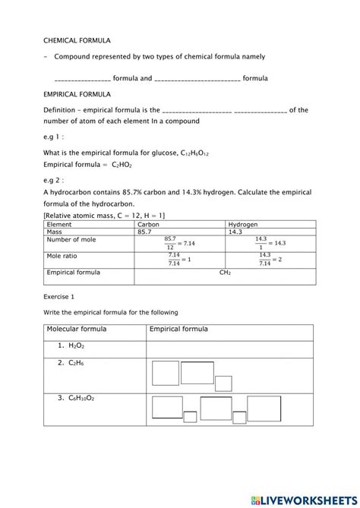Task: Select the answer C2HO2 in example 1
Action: click(x=122, y=163)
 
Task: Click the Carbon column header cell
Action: click(x=149, y=225)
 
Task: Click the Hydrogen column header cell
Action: click(x=243, y=225)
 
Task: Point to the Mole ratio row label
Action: click(x=64, y=256)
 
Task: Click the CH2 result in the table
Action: click(x=225, y=271)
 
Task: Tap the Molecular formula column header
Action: click(x=77, y=330)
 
